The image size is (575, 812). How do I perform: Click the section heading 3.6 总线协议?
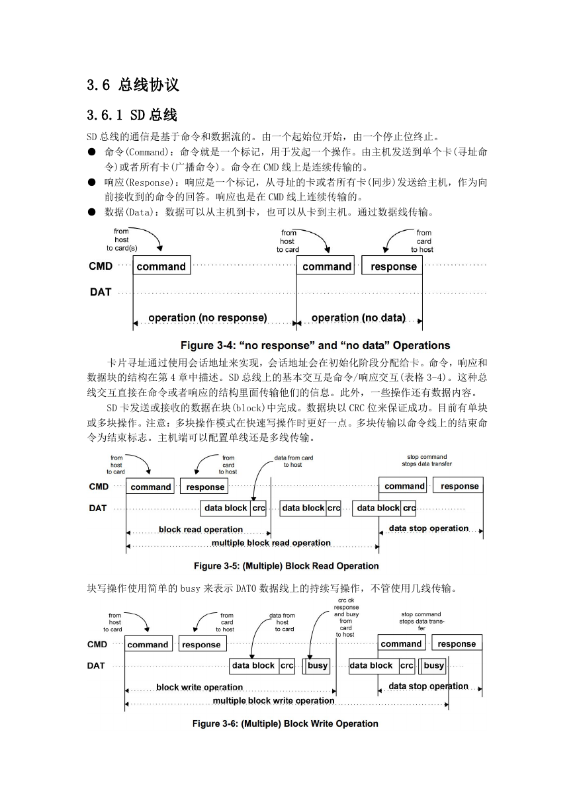click(x=133, y=85)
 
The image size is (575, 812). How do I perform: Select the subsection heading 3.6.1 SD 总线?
click(x=132, y=115)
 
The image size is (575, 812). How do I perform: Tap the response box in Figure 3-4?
click(x=392, y=265)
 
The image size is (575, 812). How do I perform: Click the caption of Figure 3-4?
click(x=315, y=345)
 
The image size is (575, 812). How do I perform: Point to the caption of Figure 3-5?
click(x=286, y=566)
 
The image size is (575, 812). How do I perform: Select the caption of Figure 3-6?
click(x=285, y=723)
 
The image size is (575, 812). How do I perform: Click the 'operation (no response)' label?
click(x=208, y=317)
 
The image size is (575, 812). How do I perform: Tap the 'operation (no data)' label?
click(x=359, y=317)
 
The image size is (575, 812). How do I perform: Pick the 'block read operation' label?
click(x=200, y=529)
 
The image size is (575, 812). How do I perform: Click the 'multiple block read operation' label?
click(x=271, y=543)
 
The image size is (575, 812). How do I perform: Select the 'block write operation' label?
click(x=199, y=687)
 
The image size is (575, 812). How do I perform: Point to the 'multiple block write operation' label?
click(x=273, y=700)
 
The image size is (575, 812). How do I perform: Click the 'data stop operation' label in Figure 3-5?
click(x=429, y=528)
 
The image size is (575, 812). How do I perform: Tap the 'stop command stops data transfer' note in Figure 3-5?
click(x=427, y=460)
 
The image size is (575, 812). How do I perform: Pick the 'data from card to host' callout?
click(x=293, y=461)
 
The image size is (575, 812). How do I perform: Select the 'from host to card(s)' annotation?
click(x=122, y=239)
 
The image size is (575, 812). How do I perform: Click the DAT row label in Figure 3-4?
click(x=101, y=292)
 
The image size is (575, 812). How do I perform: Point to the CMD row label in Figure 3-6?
click(x=97, y=644)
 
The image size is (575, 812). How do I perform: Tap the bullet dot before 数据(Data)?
click(x=91, y=212)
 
